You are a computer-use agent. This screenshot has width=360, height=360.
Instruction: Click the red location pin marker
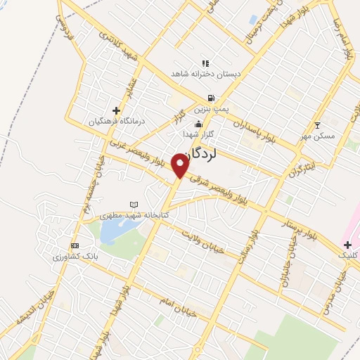click(181, 165)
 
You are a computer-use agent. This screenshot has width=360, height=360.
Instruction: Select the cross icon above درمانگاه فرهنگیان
click(116, 110)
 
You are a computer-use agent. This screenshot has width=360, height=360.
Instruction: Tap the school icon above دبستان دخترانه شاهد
click(205, 63)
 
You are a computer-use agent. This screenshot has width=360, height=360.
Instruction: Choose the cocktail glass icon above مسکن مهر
click(317, 124)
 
